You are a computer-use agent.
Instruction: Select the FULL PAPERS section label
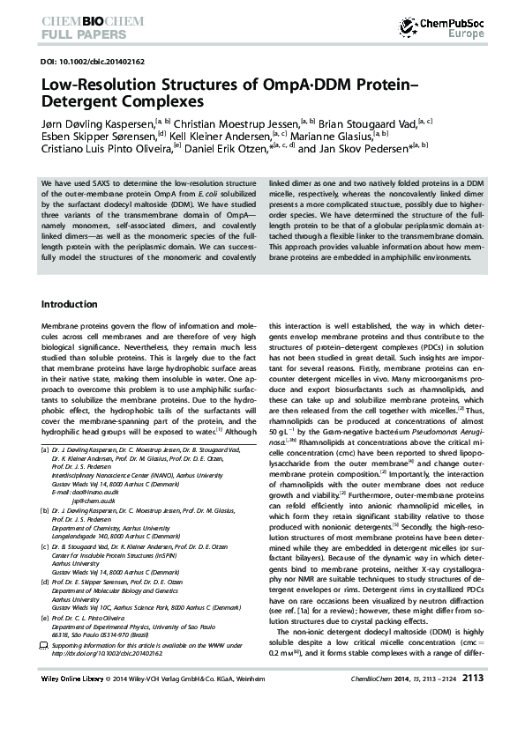[x=77, y=36]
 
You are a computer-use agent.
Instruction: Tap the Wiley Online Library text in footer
[x=74, y=703]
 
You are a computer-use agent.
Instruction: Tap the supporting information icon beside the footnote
[x=45, y=646]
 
